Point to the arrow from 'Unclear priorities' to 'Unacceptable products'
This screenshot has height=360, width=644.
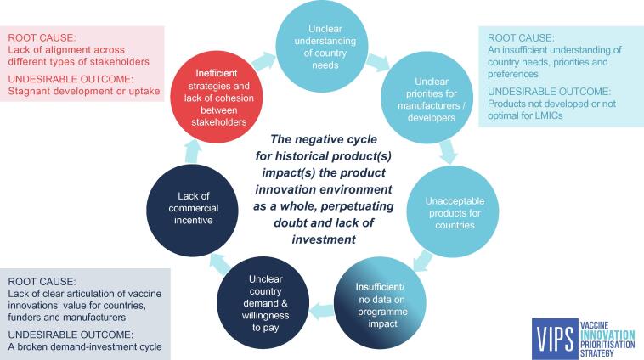click(448, 150)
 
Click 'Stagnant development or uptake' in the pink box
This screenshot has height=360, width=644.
click(93, 91)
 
